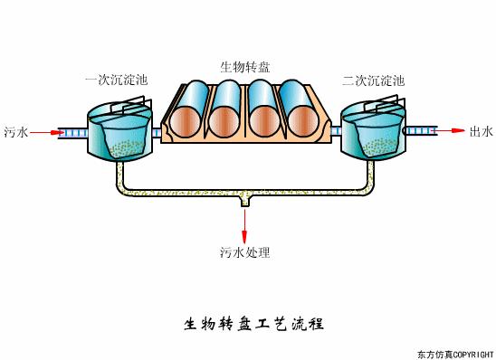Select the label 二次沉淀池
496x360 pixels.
pos(373,81)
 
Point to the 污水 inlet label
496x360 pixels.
pos(16,132)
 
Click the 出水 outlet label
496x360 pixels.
pos(481,132)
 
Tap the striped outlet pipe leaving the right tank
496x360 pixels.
pos(420,132)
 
